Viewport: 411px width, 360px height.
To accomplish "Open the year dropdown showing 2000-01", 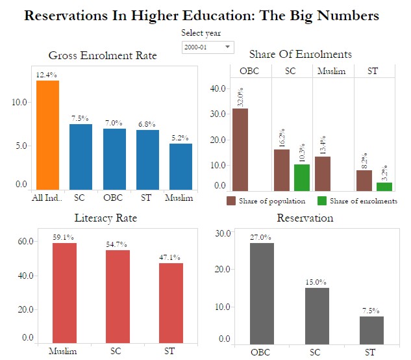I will (207, 47).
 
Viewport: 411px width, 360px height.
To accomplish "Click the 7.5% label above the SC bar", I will (81, 118).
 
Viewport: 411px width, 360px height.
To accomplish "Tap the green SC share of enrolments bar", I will (302, 177).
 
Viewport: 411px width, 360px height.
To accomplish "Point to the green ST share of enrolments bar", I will (384, 186).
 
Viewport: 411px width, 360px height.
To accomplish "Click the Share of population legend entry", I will (266, 201).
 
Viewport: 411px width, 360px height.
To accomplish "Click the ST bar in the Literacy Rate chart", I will (171, 303).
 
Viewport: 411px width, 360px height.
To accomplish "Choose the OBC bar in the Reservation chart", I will (262, 293).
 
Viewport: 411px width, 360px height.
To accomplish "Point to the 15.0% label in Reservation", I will (316, 282).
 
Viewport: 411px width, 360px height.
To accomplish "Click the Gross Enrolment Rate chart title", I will (103, 55).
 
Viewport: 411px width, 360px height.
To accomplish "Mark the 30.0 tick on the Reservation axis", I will (223, 233).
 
